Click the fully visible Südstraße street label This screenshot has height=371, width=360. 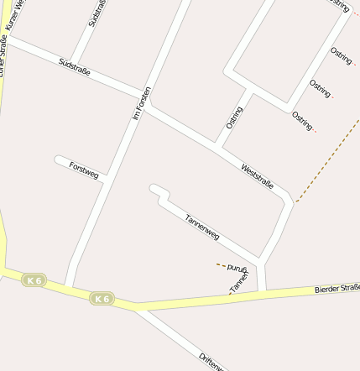[x=75, y=66]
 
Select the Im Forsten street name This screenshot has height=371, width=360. [x=142, y=102]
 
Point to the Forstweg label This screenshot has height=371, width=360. [x=84, y=170]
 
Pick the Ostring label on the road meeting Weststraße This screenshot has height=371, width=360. [x=234, y=117]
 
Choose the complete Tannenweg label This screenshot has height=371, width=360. [x=201, y=227]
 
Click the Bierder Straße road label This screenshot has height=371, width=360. [x=337, y=289]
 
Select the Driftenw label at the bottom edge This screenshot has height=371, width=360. [x=211, y=362]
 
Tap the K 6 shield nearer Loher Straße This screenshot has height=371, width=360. [x=34, y=280]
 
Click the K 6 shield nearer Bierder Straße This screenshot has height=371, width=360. [x=102, y=298]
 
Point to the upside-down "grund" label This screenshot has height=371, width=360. [x=237, y=267]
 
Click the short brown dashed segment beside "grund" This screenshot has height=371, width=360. [x=221, y=265]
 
